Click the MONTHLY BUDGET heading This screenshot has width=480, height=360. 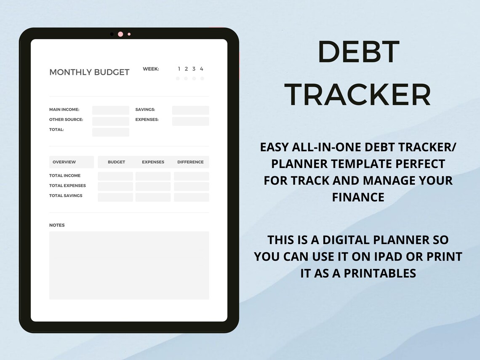click(89, 72)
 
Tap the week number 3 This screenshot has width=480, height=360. click(194, 69)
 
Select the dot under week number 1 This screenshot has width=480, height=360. click(178, 78)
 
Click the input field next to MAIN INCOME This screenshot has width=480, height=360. click(111, 110)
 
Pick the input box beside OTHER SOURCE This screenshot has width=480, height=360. click(111, 121)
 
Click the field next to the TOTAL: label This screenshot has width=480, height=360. click(111, 132)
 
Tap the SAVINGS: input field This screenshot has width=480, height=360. click(190, 110)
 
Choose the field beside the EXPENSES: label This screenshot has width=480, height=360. click(190, 121)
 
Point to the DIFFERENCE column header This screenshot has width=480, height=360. click(190, 162)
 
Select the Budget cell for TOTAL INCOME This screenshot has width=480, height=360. click(115, 176)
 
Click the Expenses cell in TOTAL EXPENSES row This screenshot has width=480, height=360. click(153, 187)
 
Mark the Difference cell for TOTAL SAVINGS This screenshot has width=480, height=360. click(191, 197)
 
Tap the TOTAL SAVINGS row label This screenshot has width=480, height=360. click(66, 196)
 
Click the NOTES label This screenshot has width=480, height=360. click(57, 225)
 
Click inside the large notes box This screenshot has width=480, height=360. click(129, 265)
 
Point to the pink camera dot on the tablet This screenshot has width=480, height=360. click(120, 34)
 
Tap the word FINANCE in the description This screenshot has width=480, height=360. click(358, 197)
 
